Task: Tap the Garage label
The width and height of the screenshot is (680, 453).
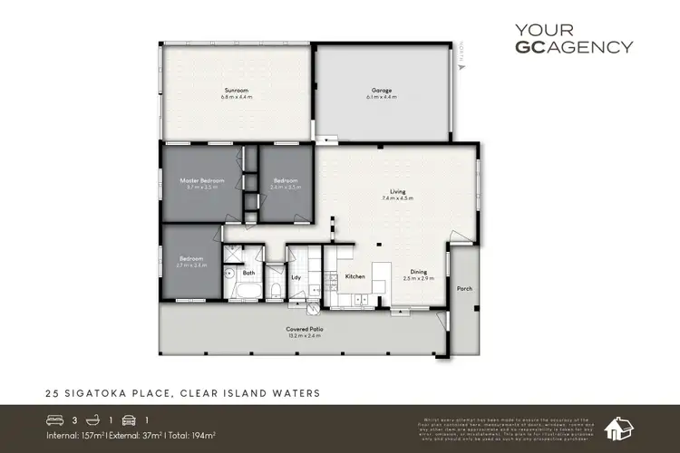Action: pyautogui.click(x=381, y=91)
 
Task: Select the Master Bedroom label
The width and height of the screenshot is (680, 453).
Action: pyautogui.click(x=201, y=181)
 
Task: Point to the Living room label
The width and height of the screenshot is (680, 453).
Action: pyautogui.click(x=398, y=191)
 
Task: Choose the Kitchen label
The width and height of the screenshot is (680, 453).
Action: pyautogui.click(x=355, y=276)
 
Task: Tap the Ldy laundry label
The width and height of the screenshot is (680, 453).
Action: pyautogui.click(x=296, y=277)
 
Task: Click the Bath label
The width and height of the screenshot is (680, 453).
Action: pyautogui.click(x=248, y=273)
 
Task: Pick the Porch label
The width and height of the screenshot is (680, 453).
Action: pyautogui.click(x=465, y=289)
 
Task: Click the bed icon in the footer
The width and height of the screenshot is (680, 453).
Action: pyautogui.click(x=56, y=419)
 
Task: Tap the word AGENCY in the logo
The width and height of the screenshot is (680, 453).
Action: pyautogui.click(x=598, y=48)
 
